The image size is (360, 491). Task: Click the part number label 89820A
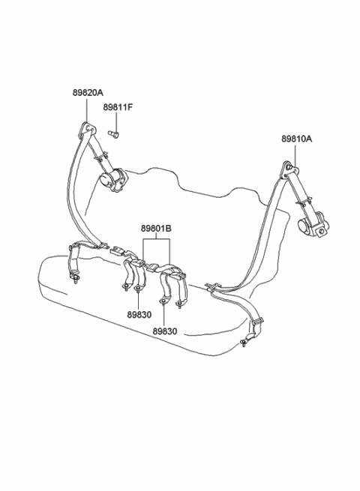coord(88,92)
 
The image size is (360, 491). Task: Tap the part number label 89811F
coord(118,107)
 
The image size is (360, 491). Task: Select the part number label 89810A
coord(296,139)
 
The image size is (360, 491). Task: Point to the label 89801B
coord(156,229)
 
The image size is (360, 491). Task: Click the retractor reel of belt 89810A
coord(313,223)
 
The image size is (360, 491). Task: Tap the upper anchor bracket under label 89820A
coord(88,129)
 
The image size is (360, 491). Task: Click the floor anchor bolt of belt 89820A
coord(75,279)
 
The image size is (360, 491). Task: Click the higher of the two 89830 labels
coord(139,315)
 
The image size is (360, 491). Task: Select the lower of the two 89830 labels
coord(165,331)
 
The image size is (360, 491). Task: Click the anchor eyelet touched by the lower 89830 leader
coord(163,301)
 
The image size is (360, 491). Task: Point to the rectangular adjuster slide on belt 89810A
coord(258,322)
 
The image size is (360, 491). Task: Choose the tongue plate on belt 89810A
coord(211,286)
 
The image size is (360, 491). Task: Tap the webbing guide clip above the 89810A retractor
coord(303,201)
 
